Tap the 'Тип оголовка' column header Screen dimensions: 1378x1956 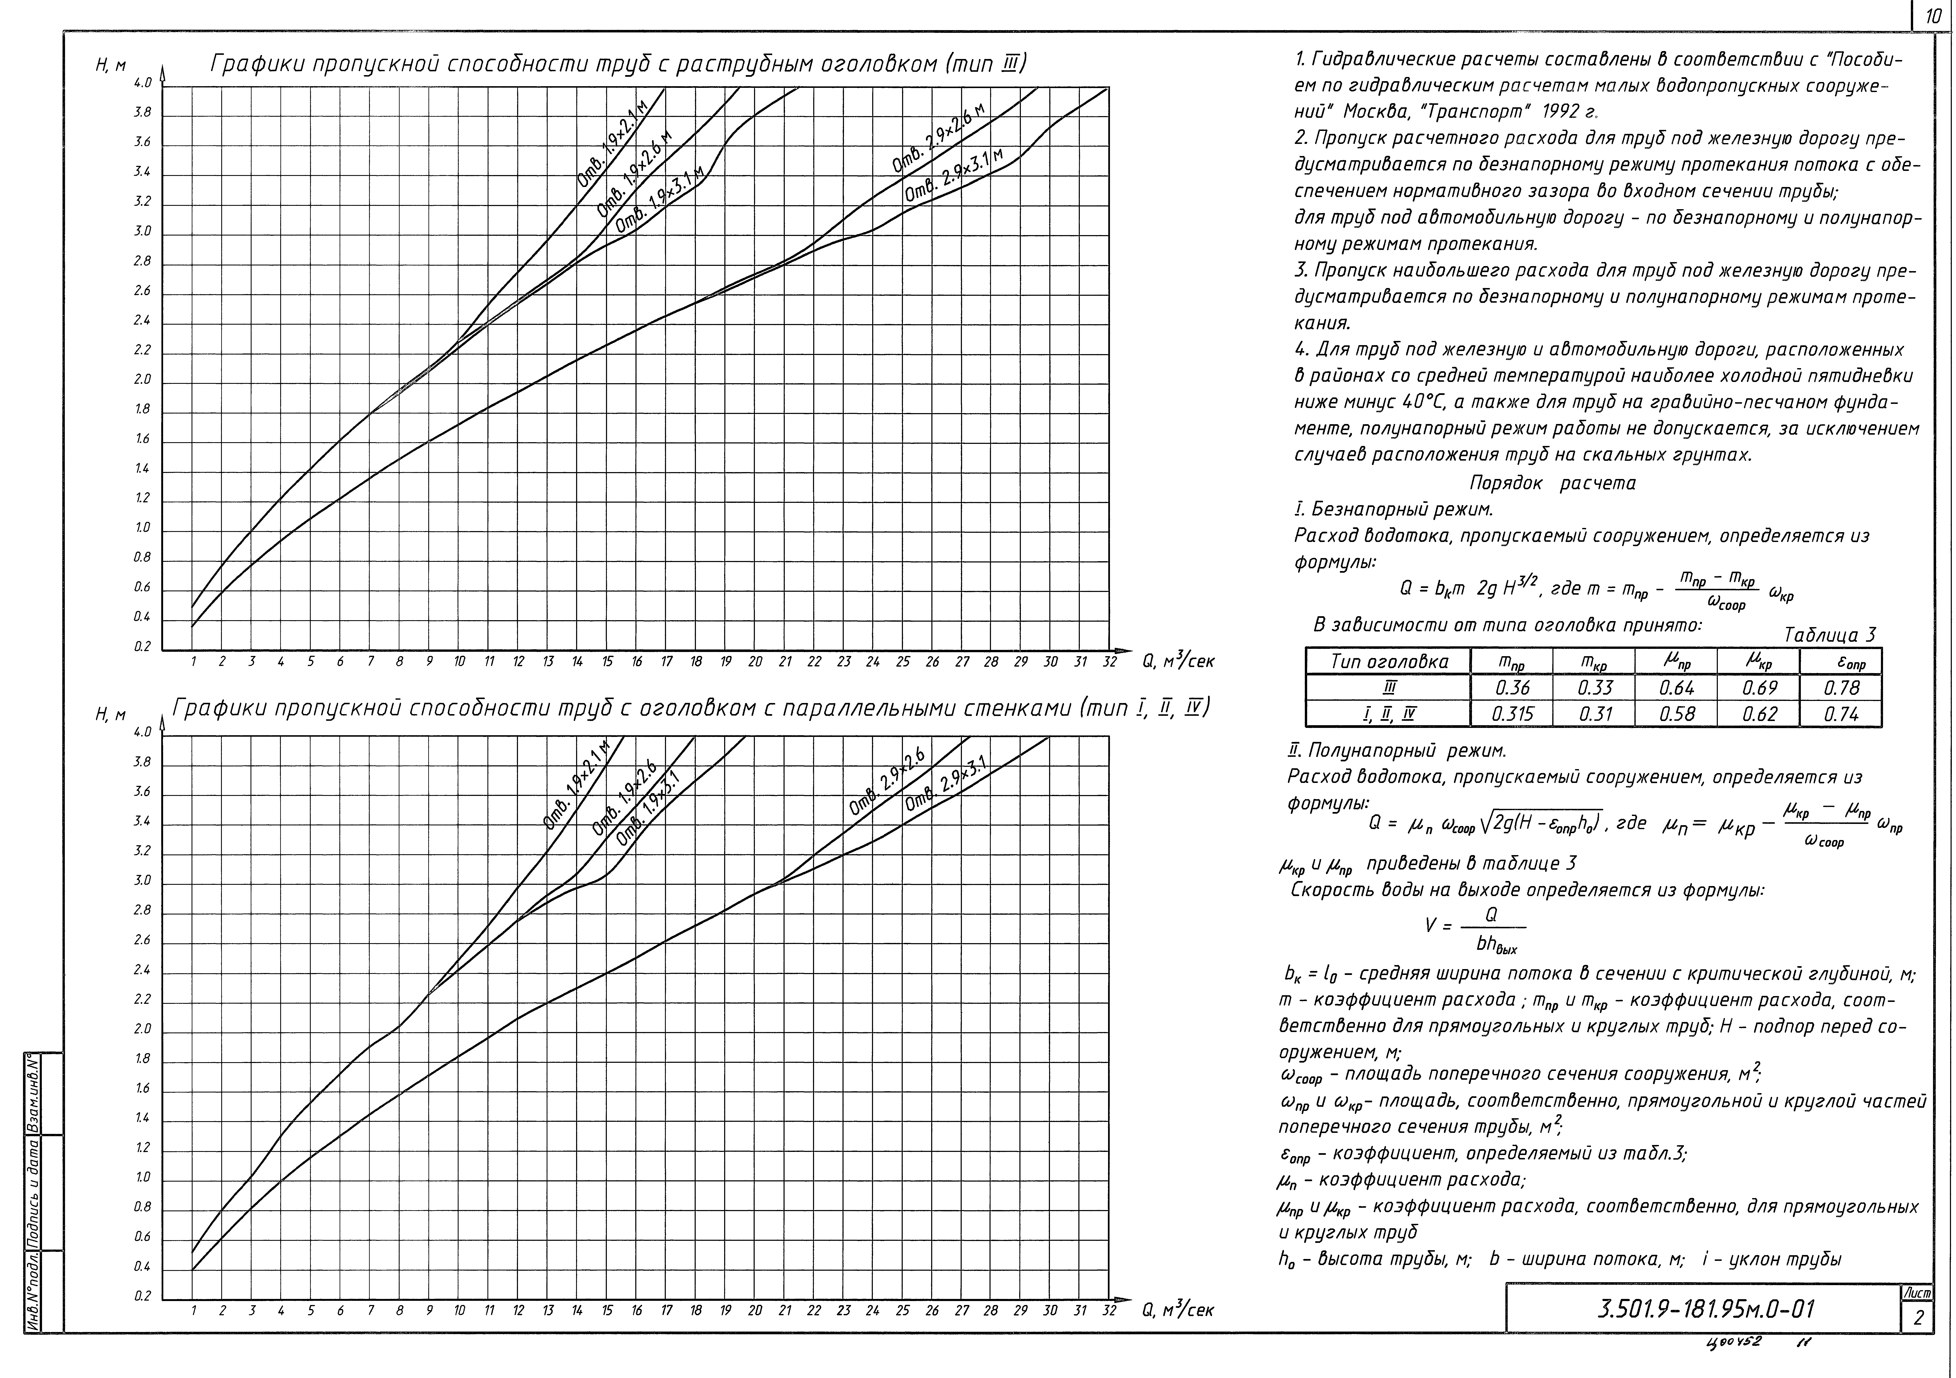(x=1389, y=661)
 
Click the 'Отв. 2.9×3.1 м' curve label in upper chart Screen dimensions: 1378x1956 (x=954, y=176)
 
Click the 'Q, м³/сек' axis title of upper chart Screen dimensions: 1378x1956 (x=1178, y=661)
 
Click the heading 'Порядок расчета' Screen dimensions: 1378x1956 (x=1552, y=483)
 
